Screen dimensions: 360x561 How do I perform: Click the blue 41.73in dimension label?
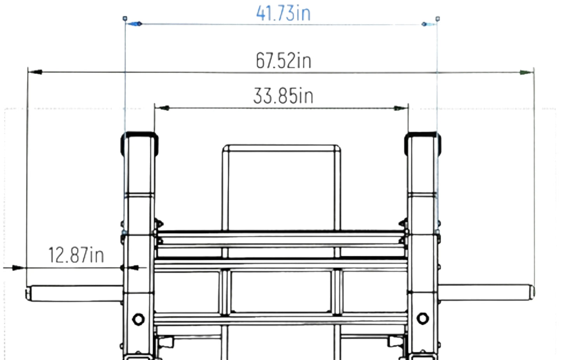[283, 13]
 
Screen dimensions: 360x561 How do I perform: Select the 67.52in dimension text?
[283, 61]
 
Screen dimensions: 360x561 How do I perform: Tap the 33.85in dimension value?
[283, 96]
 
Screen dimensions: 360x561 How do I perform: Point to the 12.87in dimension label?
[76, 255]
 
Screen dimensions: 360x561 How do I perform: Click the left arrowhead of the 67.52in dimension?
[35, 72]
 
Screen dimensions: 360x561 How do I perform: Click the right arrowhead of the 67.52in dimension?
[526, 73]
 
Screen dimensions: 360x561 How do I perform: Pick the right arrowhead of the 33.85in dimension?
[400, 108]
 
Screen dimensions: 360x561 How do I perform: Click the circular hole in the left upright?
[138, 320]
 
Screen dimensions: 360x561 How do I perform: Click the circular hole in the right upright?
[422, 318]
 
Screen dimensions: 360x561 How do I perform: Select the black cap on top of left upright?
[139, 135]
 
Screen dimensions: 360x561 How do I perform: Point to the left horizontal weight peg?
[76, 293]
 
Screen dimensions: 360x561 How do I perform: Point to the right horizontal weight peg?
[485, 292]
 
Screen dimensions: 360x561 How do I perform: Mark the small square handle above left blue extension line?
[125, 18]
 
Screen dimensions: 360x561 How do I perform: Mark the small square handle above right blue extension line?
[438, 19]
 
